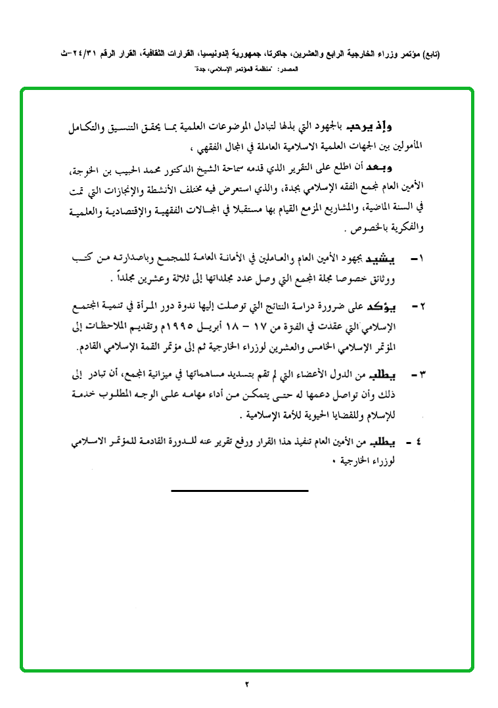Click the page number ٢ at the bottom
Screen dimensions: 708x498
pos(248,686)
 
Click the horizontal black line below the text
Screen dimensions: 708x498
pos(239,491)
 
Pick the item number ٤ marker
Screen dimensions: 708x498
pos(413,443)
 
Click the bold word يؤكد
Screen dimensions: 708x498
pos(382,307)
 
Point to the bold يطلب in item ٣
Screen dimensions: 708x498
pos(383,374)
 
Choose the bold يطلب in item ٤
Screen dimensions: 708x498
pos(383,443)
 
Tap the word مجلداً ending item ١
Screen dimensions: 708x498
pos(130,280)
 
